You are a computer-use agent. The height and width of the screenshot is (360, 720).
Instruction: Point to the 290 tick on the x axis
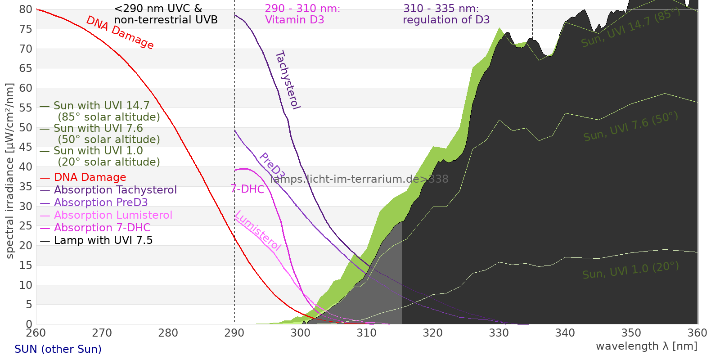point(234,333)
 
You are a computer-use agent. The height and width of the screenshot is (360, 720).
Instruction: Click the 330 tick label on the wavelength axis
point(499,333)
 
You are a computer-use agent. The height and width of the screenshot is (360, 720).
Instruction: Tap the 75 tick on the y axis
point(26,29)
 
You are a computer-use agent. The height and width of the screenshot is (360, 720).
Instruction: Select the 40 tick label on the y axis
point(26,167)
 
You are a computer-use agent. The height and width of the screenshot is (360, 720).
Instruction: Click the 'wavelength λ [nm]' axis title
point(646,346)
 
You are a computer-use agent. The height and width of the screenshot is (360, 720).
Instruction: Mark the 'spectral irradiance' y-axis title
point(10,171)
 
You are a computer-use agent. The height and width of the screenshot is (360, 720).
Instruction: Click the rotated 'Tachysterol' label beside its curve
point(288,80)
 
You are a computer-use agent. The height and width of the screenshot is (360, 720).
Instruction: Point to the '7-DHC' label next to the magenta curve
point(247,189)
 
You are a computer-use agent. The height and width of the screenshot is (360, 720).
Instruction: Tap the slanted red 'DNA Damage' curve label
point(120,32)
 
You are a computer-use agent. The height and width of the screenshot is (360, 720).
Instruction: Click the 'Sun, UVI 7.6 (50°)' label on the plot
point(630,126)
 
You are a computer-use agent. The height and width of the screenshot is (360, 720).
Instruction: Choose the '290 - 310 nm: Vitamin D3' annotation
point(302,14)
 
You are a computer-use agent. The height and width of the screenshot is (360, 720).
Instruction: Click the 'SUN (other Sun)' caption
point(58,349)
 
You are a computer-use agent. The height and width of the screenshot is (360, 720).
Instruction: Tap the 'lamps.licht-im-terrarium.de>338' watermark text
point(359,179)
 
